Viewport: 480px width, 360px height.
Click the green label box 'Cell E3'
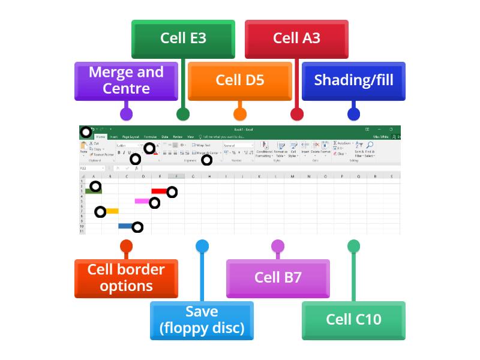coord(183,38)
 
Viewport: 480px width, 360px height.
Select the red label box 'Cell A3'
coord(296,38)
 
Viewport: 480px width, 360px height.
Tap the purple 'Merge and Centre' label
coord(126,80)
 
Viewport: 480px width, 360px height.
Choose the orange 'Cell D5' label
coord(239,80)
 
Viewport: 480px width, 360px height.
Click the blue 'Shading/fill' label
coord(353,80)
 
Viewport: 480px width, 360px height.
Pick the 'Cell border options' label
coord(126,278)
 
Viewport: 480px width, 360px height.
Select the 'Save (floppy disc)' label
coord(202,320)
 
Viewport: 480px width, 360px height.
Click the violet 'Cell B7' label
coord(278,278)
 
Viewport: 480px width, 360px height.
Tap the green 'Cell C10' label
coord(353,320)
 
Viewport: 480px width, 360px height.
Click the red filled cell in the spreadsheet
coord(159,191)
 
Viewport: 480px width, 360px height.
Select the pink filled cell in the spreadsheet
coord(142,201)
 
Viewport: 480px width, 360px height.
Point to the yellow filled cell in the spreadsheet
coord(112,211)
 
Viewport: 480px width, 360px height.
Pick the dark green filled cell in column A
coord(93,191)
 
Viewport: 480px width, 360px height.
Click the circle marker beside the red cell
coord(172,192)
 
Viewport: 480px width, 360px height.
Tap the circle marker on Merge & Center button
coord(206,160)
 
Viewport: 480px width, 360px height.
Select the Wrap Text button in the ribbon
coord(202,145)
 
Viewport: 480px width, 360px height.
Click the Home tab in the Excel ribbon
coord(101,137)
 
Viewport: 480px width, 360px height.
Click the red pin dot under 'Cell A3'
coord(296,114)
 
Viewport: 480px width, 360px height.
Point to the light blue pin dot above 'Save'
coord(202,246)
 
